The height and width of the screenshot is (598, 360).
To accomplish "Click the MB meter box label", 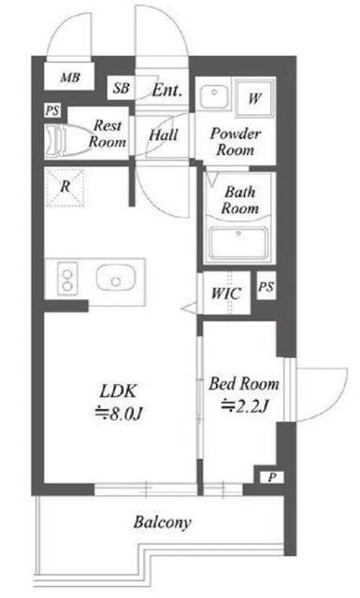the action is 70,78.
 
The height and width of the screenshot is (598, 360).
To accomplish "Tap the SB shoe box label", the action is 121,88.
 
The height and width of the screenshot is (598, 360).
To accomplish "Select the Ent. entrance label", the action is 166,90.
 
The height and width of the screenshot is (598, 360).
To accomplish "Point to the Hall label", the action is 164,135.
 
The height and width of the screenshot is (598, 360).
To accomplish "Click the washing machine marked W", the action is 254,98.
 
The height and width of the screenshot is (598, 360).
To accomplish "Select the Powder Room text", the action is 236,141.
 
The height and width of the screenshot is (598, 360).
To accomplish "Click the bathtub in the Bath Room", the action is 239,243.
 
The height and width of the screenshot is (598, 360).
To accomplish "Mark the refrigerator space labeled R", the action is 65,188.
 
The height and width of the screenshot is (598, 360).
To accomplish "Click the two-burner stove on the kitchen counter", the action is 67,279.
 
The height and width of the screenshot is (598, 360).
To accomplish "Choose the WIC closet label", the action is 226,293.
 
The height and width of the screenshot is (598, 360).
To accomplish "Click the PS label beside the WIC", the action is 266,287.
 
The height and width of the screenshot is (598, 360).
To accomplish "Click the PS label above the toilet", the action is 52,111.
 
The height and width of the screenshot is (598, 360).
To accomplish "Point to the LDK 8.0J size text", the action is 119,402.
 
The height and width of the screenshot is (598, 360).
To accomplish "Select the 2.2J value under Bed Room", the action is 245,406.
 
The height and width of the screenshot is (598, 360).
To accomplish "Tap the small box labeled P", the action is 272,477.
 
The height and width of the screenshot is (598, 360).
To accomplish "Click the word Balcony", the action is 163,522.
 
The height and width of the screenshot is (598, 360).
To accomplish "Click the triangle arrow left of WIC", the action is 190,307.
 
